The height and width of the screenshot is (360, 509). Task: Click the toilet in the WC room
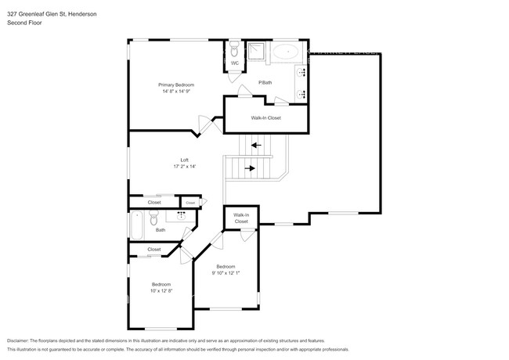coord(235,49)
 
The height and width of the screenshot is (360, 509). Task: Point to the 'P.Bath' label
coord(265,82)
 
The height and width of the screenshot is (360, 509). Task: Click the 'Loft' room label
coord(184,160)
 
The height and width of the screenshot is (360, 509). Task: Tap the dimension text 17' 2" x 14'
coord(184,166)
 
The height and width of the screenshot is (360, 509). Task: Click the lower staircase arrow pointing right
coord(250,167)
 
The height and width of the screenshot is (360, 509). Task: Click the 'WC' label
coord(234,63)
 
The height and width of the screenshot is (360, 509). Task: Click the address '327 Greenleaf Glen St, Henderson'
coord(52,14)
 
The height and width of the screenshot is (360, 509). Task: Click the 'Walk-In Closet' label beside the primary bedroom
coord(265,118)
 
